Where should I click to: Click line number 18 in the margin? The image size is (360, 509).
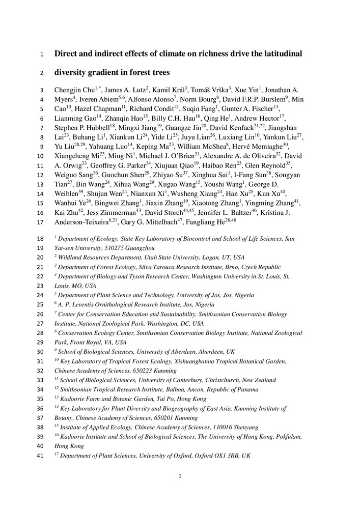point(41,238)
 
